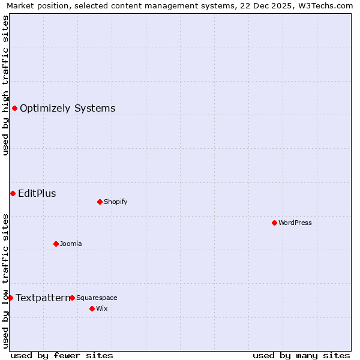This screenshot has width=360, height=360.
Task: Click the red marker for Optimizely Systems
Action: tap(14, 108)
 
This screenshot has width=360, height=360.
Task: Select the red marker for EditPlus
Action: tap(13, 193)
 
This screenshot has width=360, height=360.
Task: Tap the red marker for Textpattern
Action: tap(10, 298)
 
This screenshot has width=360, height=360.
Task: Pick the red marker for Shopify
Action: tap(100, 202)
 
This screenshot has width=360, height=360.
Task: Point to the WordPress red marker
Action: tap(274, 223)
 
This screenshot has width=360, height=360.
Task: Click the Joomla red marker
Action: tap(56, 244)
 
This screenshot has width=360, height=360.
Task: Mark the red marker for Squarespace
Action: tap(72, 298)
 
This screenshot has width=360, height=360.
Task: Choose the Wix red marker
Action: tap(92, 308)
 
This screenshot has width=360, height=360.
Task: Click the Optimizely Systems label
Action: tap(67, 109)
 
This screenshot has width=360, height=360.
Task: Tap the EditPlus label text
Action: tap(37, 193)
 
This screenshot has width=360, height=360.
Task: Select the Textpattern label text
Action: tap(43, 298)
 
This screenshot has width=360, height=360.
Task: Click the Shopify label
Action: tap(115, 202)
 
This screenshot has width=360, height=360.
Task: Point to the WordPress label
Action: tap(295, 223)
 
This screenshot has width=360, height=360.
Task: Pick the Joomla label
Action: tap(71, 244)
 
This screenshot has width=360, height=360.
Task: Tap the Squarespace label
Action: tap(97, 298)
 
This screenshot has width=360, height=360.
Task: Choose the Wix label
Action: tap(101, 308)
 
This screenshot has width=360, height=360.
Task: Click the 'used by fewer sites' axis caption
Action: tap(62, 355)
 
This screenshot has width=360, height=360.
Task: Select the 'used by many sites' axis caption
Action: tap(301, 355)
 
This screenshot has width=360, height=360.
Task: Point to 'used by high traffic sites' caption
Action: tap(6, 85)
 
